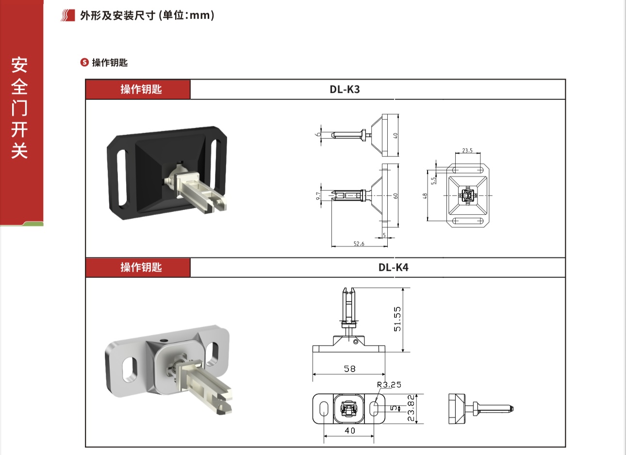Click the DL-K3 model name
tap(345, 89)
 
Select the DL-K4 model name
tap(393, 267)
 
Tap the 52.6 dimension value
tap(359, 244)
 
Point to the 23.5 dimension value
tap(467, 151)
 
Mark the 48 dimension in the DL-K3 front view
tap(425, 196)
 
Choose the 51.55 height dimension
tap(398, 319)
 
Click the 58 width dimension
tap(349, 369)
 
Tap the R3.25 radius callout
tap(389, 385)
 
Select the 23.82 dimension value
tap(411, 408)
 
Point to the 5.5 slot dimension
tap(434, 179)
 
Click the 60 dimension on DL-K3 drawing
tap(395, 195)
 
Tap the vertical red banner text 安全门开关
tap(19, 108)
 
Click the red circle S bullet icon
tap(84, 63)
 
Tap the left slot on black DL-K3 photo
tap(121, 175)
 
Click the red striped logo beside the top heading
tap(68, 16)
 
